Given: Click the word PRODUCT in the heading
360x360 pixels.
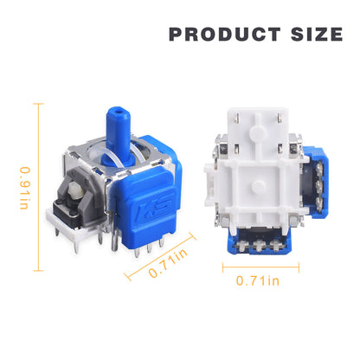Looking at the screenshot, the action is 225,35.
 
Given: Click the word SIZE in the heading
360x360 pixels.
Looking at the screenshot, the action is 317,35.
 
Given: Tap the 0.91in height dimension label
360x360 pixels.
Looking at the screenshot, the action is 25,188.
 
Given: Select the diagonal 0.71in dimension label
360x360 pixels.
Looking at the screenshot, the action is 168,264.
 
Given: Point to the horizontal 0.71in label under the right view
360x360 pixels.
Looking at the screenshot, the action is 258,280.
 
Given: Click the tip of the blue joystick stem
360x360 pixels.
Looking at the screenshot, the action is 118,111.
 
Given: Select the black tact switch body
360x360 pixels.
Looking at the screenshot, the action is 67,212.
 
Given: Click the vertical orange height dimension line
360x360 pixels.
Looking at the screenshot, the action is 38,187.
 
